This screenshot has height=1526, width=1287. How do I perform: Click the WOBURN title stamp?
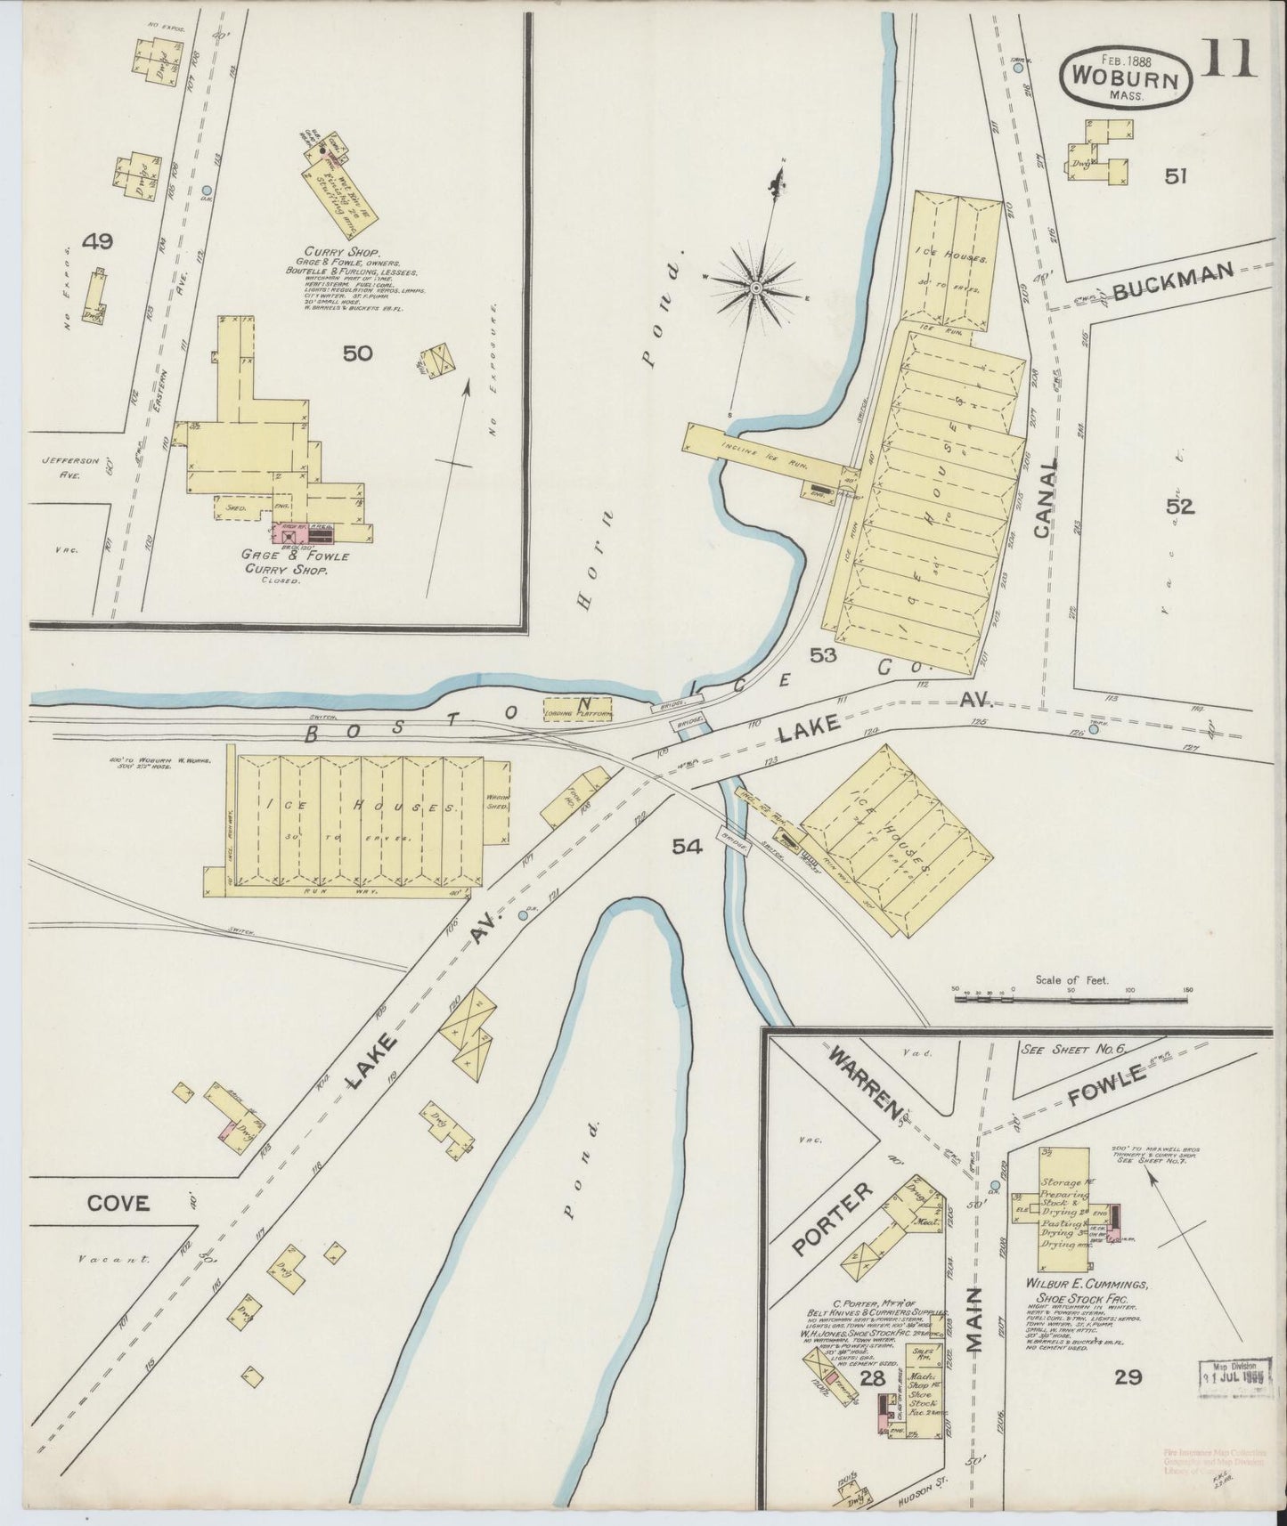click(x=1125, y=77)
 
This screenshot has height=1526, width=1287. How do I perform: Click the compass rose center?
click(x=756, y=288)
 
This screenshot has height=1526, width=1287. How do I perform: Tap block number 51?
click(x=1176, y=176)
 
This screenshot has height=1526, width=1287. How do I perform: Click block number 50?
click(x=357, y=353)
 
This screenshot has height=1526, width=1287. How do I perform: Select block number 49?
click(x=97, y=240)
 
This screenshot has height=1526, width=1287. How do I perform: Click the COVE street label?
click(x=118, y=1204)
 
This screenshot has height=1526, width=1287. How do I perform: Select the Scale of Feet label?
click(x=1071, y=979)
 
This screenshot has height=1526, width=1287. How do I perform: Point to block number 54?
click(x=688, y=847)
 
